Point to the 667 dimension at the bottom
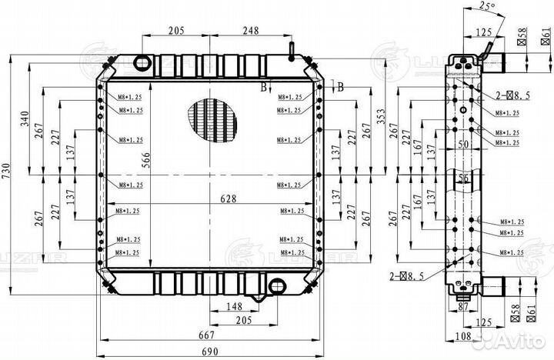(x=204, y=335)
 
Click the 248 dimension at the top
(x=249, y=31)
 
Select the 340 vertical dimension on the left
(x=25, y=119)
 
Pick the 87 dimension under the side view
(x=462, y=307)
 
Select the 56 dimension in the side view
(x=462, y=178)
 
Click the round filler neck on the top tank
(x=143, y=62)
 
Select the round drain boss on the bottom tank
(x=275, y=286)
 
